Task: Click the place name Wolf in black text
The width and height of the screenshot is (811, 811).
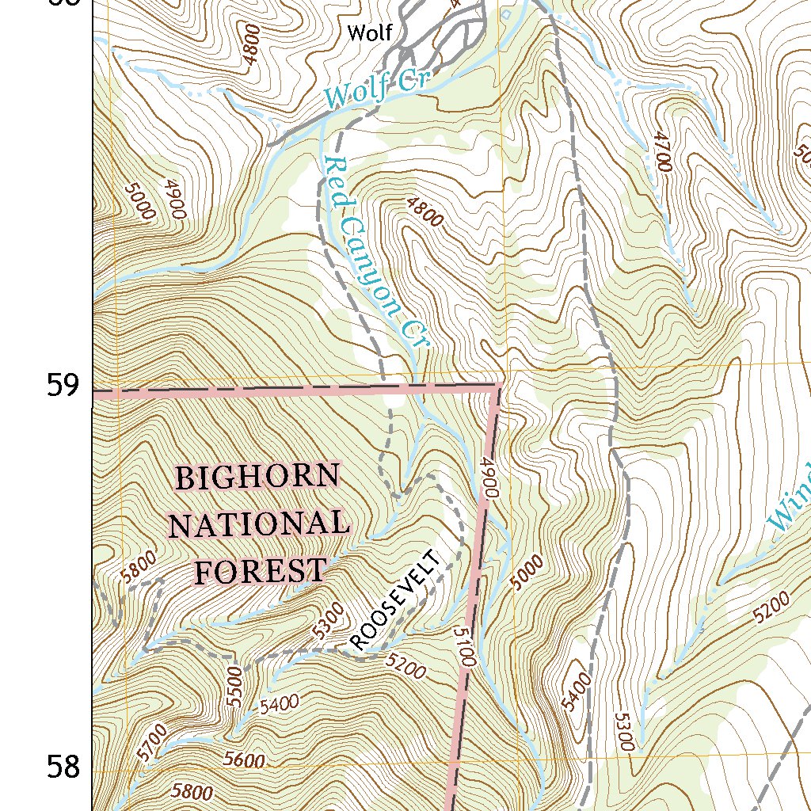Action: click(371, 33)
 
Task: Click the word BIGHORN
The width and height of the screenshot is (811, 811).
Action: click(257, 478)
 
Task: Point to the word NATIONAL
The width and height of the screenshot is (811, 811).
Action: click(259, 524)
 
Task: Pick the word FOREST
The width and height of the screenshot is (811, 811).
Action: click(261, 570)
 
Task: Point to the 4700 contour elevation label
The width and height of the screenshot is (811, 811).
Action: click(662, 153)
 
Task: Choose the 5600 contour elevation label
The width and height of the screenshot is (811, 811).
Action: click(243, 761)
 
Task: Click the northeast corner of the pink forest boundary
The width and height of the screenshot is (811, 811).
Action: click(499, 386)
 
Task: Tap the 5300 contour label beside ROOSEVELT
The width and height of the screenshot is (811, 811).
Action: click(328, 621)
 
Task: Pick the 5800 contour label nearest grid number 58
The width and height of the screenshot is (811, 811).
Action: click(192, 792)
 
